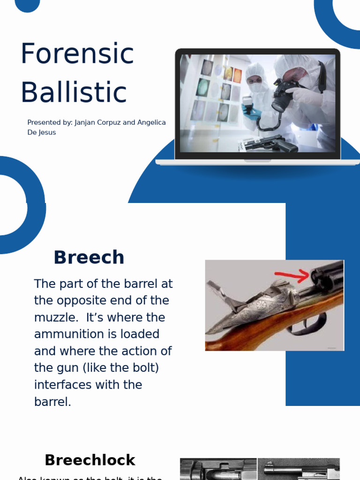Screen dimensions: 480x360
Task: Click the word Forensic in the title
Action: [77, 54]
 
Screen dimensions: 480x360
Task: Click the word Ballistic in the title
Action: [74, 92]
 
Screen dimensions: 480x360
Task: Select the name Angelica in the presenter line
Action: [151, 122]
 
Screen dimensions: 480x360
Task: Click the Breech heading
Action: [89, 257]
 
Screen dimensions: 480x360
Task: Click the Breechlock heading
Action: [90, 460]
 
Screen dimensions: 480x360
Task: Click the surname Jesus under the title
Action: [47, 132]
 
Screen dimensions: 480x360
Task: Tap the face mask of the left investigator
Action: [255, 88]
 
